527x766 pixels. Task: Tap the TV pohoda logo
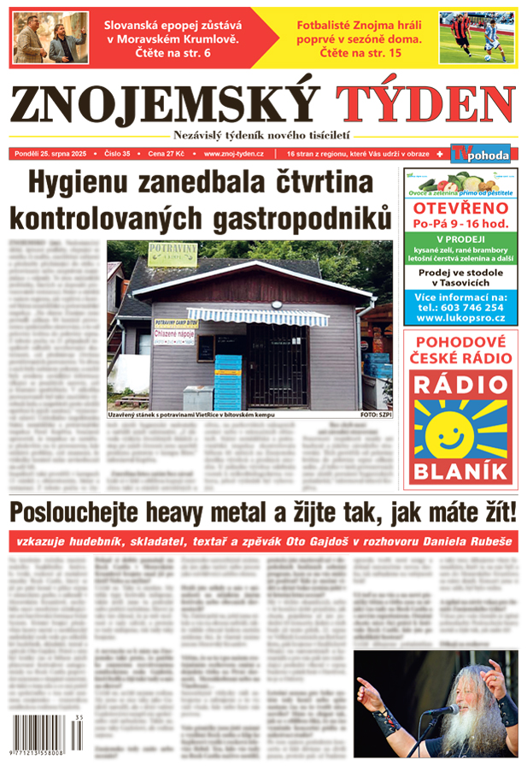point(483,154)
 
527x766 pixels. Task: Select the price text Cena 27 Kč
point(167,154)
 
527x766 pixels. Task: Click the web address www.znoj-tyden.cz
point(233,154)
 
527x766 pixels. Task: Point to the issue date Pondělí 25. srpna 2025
point(54,154)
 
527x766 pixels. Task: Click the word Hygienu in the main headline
point(89,185)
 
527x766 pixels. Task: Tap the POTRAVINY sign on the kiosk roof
point(149,255)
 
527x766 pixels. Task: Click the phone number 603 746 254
point(471,307)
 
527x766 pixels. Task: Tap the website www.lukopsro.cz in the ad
point(460,318)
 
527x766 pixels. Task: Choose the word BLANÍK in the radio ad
point(460,469)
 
